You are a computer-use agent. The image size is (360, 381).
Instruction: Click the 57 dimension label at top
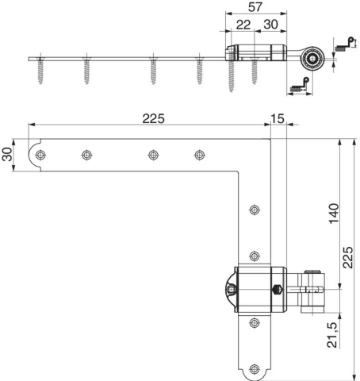[255, 7]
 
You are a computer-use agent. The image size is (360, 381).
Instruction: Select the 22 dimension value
[243, 25]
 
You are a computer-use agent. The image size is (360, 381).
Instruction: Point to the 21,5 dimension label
[332, 335]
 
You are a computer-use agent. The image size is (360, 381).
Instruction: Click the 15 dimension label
[278, 119]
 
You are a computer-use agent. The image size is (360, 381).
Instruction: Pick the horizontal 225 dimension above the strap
[153, 119]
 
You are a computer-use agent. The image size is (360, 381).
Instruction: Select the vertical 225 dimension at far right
[348, 257]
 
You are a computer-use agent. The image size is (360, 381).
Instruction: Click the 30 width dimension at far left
[7, 154]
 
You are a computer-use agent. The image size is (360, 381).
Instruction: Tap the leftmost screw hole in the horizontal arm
[40, 155]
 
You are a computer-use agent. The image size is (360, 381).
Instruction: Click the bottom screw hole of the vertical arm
[255, 369]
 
